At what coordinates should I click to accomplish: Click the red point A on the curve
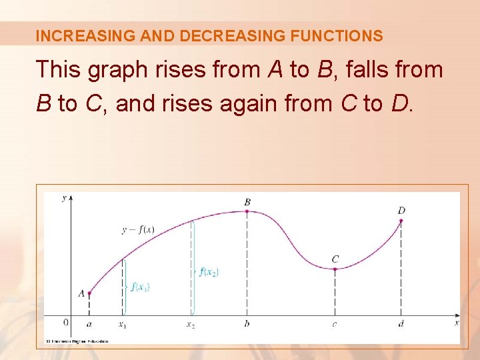[89, 293]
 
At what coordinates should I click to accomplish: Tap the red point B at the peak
[247, 211]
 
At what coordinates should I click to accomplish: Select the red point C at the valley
[335, 269]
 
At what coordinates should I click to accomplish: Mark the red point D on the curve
[401, 221]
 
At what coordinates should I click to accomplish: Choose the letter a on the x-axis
[89, 323]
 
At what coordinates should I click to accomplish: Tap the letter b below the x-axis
[247, 323]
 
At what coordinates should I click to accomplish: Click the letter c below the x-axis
[335, 324]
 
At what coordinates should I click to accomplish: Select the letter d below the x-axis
[401, 323]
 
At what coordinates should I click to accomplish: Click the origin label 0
[65, 322]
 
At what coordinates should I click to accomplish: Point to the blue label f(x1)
[140, 287]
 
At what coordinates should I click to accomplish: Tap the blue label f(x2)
[209, 271]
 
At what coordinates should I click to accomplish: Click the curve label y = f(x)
[138, 230]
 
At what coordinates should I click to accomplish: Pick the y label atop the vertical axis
[64, 199]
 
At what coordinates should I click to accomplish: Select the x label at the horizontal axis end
[457, 323]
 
